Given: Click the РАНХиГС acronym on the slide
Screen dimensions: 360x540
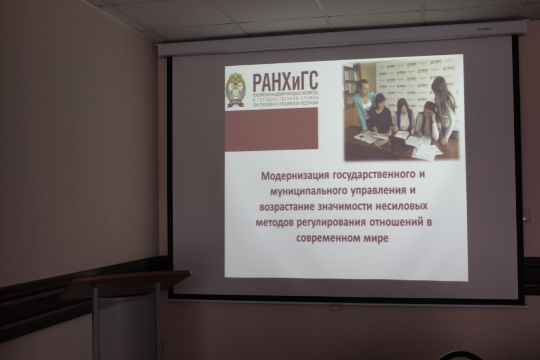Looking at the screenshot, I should (285, 82).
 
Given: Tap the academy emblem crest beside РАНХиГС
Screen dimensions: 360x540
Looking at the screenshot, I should (235, 90).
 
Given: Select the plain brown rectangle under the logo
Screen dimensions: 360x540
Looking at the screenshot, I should (271, 129).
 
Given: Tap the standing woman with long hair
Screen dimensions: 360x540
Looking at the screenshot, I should (444, 108).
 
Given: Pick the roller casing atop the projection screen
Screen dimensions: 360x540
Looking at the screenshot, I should (343, 39).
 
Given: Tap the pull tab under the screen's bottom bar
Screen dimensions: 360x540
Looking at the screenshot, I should (336, 307).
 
